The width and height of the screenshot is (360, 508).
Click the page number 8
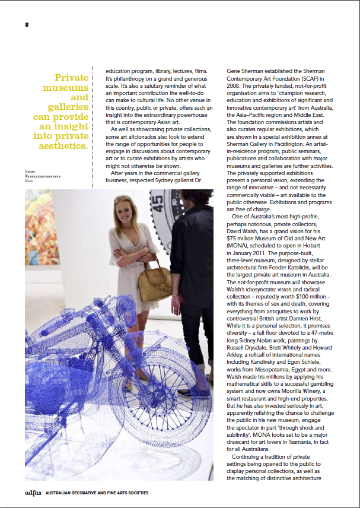[27, 24]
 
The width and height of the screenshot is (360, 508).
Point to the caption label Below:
[31, 171]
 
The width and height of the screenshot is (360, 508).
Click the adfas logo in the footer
[33, 493]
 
